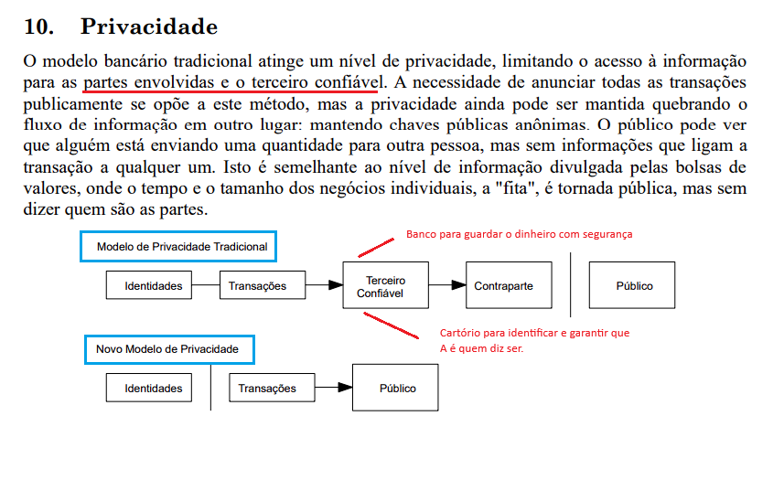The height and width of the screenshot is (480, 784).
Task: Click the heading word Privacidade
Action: [149, 27]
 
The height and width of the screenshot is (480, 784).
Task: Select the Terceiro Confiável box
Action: [385, 286]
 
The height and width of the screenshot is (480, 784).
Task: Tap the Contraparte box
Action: [503, 286]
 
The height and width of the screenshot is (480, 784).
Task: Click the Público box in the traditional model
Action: [634, 286]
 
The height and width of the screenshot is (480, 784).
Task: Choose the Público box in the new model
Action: [397, 388]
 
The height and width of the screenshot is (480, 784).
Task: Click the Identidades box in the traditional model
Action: [154, 286]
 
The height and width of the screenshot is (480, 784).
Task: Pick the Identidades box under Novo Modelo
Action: [154, 388]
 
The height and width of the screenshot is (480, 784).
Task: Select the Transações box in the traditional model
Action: [257, 286]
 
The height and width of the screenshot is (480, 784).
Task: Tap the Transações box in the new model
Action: [267, 388]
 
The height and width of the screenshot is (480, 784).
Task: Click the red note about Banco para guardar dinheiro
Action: [519, 234]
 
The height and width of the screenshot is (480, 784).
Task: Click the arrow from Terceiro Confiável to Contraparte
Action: [446, 286]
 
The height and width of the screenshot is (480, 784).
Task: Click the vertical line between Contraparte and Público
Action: [570, 283]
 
